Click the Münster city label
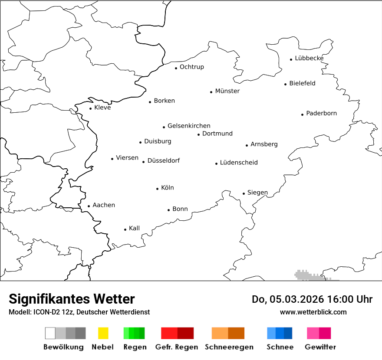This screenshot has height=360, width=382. pos(227,91)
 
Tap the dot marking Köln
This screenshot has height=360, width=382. pos(158,189)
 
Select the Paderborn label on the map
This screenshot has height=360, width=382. pos(321,113)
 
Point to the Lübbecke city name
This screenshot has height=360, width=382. pos(309,58)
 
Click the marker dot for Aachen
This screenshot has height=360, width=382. pos(89,206)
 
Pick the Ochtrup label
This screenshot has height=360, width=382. pos(191,67)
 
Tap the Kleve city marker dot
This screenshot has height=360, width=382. pos(91,108)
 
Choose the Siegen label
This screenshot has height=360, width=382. pos(257,193)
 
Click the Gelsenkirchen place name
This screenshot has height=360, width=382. pos(189,126)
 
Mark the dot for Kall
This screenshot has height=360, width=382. pos(125,229)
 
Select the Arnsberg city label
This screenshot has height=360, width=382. pos(264,144)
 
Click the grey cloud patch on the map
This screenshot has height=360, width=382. pos(308,275)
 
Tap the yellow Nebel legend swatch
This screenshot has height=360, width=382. pos(103,333)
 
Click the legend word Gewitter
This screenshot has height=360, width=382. pos(320,347)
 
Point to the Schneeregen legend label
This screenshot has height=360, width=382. pos(229,347)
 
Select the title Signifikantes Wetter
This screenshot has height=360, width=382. pos(72,299)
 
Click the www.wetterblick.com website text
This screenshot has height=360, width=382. pos(313,312)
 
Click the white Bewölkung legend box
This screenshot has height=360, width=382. pos(50,333)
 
